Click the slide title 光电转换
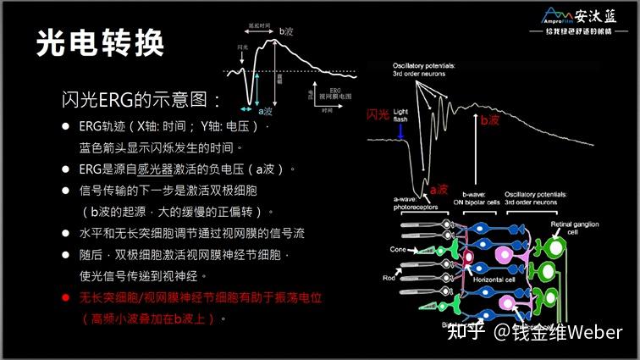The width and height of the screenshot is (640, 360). tap(100, 43)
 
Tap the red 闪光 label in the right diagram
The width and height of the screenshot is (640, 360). tap(380, 114)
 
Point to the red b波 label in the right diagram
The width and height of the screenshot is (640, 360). tap(489, 120)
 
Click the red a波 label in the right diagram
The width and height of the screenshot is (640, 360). tap(438, 190)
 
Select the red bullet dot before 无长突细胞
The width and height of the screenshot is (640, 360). tap(65, 298)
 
